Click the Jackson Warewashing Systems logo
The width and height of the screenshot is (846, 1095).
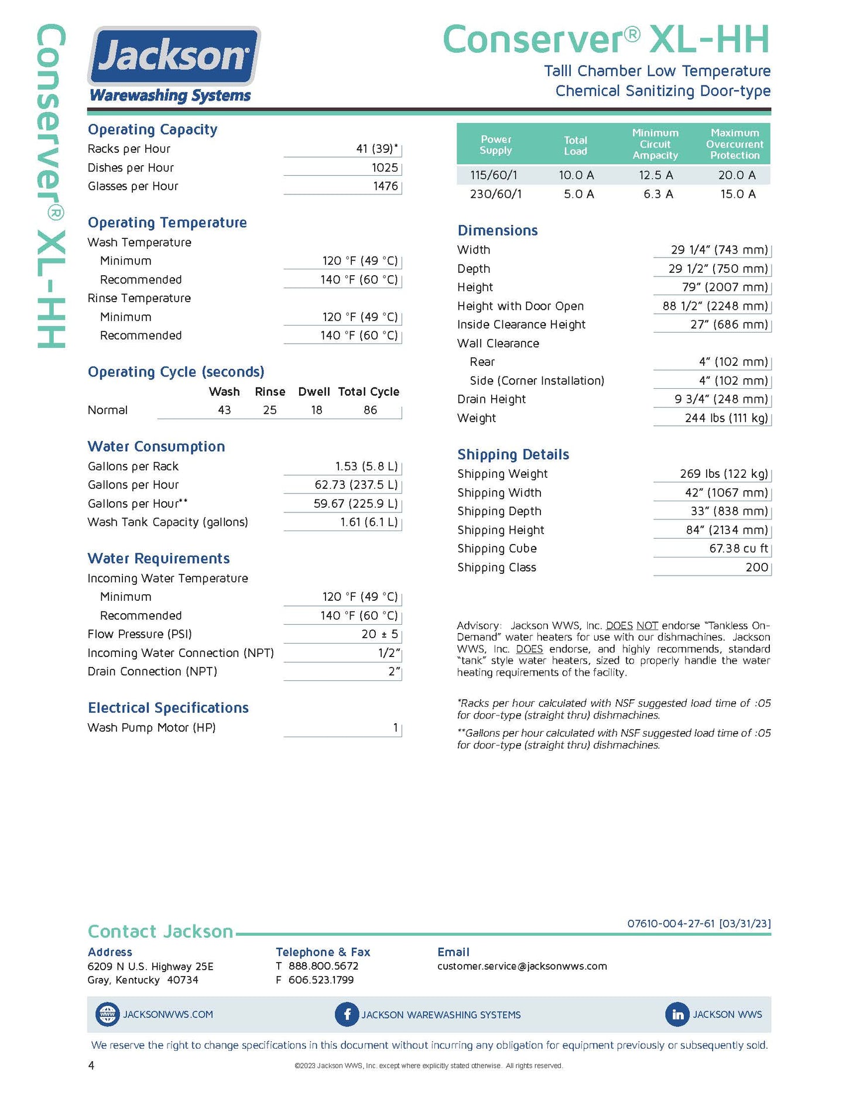pos(173,64)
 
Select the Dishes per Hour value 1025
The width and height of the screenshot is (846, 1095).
pos(385,168)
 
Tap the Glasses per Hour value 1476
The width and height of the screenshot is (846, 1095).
pos(385,186)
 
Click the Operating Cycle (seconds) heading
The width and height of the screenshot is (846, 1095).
pos(176,372)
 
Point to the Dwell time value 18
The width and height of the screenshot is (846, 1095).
pos(317,410)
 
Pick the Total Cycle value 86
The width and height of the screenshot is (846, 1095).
pos(371,410)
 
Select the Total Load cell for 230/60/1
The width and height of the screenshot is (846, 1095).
pos(578,194)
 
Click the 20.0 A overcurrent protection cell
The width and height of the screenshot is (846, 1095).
pos(737,175)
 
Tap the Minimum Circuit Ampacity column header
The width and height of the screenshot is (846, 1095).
pos(655,144)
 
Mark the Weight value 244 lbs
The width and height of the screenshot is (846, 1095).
pos(726,418)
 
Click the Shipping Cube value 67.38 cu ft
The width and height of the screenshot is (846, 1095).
pos(738,549)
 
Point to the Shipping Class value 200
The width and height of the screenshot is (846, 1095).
pos(756,567)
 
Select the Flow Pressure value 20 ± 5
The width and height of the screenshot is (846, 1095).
pos(379,634)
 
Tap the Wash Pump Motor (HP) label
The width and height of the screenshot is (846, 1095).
pos(152,728)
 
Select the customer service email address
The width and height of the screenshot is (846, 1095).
pos(522,966)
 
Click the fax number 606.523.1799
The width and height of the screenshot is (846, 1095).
pos(321,980)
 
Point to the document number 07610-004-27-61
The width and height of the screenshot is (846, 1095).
pos(671,923)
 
